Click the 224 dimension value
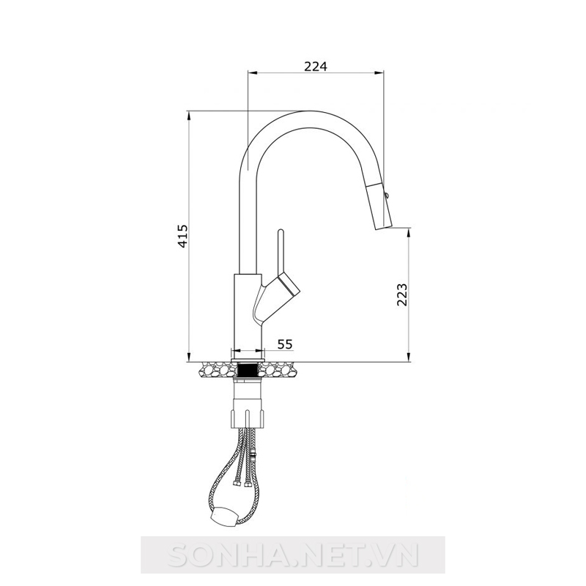tap(316, 66)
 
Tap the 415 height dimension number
tap(182, 236)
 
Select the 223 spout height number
tap(401, 294)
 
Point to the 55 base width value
tap(285, 344)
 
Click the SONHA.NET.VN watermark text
tap(292, 556)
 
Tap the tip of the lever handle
tap(281, 231)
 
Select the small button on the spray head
tap(387, 194)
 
